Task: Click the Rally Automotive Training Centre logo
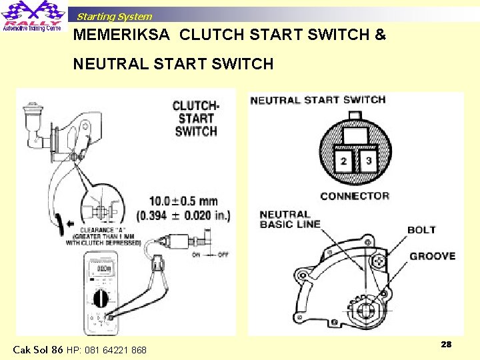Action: [x=33, y=16]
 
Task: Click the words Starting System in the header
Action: [x=114, y=17]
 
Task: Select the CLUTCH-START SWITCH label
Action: [x=195, y=119]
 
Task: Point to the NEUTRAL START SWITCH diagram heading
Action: [x=318, y=100]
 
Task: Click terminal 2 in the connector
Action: [x=343, y=161]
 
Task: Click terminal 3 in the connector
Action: [x=368, y=161]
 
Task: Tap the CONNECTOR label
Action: [x=354, y=196]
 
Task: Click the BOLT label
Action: [x=421, y=230]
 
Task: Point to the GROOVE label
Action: [x=432, y=256]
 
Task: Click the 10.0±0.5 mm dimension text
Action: [x=183, y=201]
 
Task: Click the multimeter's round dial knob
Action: [x=101, y=297]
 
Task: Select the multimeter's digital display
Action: [x=103, y=269]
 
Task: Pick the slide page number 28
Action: [x=446, y=344]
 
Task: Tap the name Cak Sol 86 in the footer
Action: [x=38, y=349]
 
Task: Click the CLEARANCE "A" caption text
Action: [x=103, y=235]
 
